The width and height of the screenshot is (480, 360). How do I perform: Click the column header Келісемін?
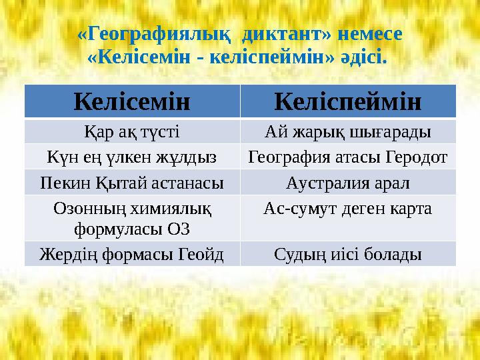132,101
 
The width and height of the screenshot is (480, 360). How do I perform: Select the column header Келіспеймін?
347,101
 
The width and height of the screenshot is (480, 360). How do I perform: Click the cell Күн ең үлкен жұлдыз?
132,157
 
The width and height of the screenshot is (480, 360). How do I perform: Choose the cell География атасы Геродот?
347,157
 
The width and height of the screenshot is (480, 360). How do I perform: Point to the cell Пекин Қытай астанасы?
132,182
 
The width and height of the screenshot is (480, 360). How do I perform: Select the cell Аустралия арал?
347,182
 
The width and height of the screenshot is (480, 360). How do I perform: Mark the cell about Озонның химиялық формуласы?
132,219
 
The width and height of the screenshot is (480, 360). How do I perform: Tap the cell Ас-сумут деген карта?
347,209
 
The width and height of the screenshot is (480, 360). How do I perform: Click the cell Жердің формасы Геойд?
132,254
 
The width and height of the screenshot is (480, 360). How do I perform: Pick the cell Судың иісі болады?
347,254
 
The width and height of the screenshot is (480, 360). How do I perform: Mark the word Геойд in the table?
200,254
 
